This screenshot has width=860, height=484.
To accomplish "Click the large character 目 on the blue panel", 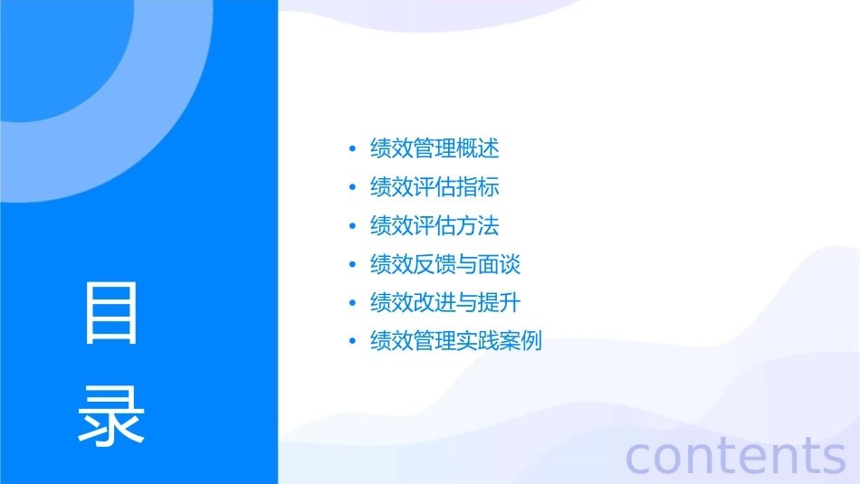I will [x=111, y=313].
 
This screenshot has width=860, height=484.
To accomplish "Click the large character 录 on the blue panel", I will [x=111, y=415].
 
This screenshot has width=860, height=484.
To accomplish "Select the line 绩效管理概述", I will [x=435, y=148].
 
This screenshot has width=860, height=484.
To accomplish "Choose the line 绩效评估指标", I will [x=435, y=187].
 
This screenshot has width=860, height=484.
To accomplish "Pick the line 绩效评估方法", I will [x=435, y=225].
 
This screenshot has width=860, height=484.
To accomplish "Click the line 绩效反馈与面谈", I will [x=445, y=264].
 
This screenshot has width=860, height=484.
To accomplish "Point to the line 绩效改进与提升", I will [x=445, y=302].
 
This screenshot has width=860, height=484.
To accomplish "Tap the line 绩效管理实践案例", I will [x=456, y=341].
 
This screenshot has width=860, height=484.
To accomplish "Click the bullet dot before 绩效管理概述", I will [x=352, y=149].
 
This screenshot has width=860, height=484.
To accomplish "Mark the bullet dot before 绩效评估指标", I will [x=352, y=188].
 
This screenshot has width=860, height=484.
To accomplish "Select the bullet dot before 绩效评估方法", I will [x=352, y=226].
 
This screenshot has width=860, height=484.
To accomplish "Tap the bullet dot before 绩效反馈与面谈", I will [x=352, y=265].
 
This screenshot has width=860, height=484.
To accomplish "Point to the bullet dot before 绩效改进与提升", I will [x=352, y=303].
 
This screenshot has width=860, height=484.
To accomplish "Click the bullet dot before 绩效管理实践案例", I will [x=352, y=342].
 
